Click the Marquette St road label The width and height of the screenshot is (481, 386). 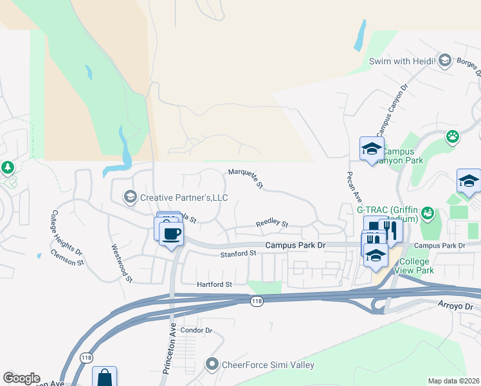coord(246,179)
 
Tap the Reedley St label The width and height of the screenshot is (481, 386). coord(272,223)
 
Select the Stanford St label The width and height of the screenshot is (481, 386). coord(239,254)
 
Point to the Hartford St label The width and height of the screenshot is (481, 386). coord(214,284)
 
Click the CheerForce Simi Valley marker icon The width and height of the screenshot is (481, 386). coord(212,365)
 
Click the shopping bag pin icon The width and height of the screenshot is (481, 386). coord(104,378)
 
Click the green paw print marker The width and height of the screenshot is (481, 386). coord(453,136)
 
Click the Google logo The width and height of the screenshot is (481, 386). coord(21,378)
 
